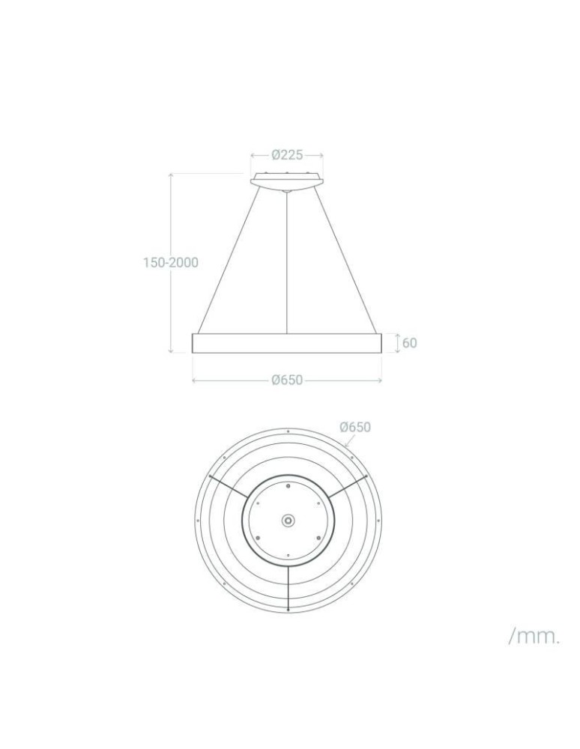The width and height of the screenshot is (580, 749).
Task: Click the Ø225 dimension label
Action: (287, 155)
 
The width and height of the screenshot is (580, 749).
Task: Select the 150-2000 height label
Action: (171, 262)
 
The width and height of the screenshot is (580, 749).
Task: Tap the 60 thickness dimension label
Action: (410, 343)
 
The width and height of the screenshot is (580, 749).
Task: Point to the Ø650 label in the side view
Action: (287, 380)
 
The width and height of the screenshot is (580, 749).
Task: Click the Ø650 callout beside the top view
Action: (354, 427)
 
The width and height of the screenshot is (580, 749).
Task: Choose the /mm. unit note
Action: (534, 637)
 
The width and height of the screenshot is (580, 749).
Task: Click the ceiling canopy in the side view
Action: (287, 180)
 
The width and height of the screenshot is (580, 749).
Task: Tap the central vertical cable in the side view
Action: (288, 262)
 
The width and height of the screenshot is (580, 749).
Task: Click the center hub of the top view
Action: (288, 520)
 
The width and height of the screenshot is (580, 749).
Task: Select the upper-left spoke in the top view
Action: (229, 486)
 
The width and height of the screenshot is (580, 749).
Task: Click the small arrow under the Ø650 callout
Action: (348, 443)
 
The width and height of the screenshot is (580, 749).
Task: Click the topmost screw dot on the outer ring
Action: (288, 431)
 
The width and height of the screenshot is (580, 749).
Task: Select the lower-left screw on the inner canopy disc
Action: (257, 536)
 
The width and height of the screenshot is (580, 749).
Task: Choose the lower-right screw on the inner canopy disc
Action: (318, 536)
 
